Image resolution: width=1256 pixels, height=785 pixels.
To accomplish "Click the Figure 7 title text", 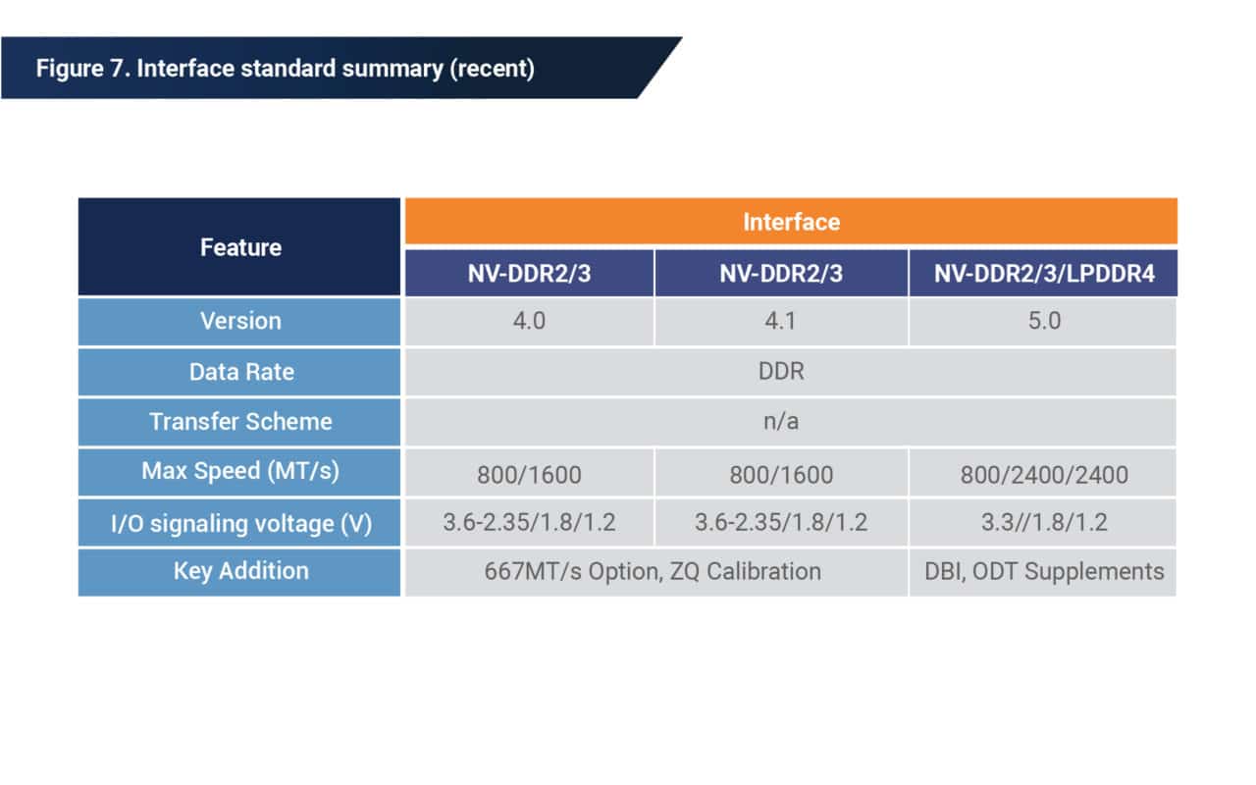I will click(x=285, y=70).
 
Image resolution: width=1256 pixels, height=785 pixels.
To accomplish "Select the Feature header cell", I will click(x=240, y=247).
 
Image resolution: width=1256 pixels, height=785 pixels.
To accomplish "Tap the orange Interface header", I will click(x=791, y=222).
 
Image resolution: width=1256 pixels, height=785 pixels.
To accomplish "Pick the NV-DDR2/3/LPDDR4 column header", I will click(x=1043, y=274).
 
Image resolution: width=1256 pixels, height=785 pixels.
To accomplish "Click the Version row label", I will click(x=240, y=321).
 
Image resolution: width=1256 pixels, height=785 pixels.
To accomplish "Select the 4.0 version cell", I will click(x=529, y=322).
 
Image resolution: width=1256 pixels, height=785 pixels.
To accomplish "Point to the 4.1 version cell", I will click(x=781, y=322).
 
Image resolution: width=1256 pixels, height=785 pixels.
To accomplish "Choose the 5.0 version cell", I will click(x=1043, y=322).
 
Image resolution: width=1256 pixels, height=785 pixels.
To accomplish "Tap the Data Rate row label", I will click(x=240, y=372).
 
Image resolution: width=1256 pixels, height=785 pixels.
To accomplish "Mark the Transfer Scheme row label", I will click(x=240, y=422).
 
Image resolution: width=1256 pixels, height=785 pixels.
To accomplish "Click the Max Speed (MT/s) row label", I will click(x=240, y=471).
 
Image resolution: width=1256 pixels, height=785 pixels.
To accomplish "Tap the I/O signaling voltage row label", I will click(x=240, y=523).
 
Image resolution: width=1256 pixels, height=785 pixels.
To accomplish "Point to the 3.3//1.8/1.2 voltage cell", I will click(x=1043, y=523).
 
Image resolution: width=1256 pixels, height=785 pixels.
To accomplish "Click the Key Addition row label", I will click(x=240, y=571).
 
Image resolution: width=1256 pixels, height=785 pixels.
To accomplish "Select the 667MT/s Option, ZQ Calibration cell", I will click(x=653, y=572).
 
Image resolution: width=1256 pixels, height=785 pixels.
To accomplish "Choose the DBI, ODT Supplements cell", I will click(x=1043, y=572).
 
